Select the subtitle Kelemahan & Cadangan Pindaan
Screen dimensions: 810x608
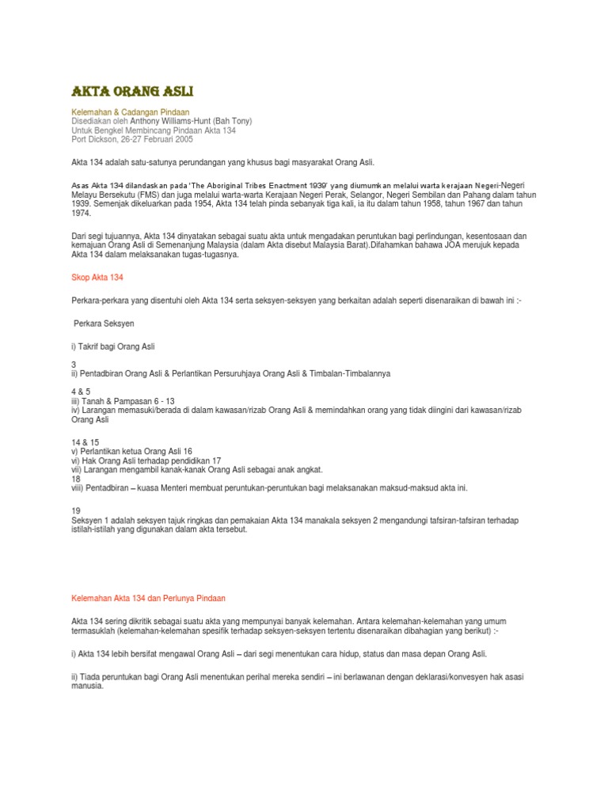[131, 112]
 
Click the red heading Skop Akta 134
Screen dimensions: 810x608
[93, 278]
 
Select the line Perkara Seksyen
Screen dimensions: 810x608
[104, 324]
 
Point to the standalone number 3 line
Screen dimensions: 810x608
[74, 365]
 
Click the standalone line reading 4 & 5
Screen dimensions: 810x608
[81, 392]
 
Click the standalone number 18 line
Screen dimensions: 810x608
[76, 479]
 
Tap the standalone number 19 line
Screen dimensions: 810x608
[76, 511]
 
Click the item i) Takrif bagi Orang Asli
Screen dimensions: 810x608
[113, 346]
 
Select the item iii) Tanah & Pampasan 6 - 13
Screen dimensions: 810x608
[123, 401]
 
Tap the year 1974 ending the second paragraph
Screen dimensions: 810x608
[81, 213]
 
